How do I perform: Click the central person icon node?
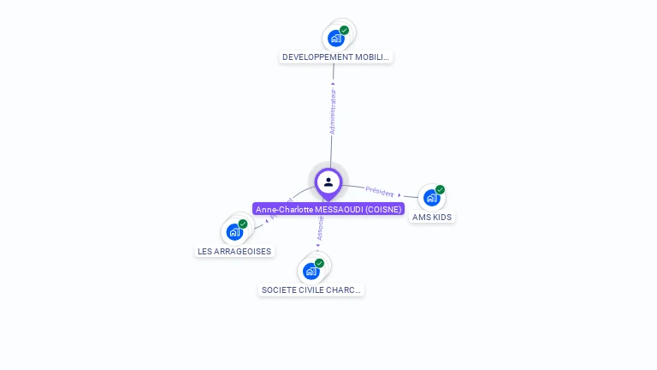[328, 182]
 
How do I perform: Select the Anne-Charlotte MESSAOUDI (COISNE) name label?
[328, 209]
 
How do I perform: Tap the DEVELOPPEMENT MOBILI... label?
[336, 57]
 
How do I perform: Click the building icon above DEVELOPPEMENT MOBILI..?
[336, 39]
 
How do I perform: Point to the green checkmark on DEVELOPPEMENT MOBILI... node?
[344, 30]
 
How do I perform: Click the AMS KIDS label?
[432, 218]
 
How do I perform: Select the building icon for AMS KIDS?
[431, 198]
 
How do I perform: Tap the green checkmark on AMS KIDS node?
[440, 189]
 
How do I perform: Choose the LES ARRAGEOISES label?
[234, 252]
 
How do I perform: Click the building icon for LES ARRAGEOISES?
[234, 232]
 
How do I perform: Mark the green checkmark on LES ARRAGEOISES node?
[243, 224]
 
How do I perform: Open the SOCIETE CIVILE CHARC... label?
[311, 290]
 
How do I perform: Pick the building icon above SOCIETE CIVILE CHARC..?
[311, 272]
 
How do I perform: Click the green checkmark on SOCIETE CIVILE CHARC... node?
[319, 263]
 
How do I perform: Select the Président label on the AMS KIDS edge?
[380, 191]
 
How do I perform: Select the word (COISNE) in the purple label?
[383, 209]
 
